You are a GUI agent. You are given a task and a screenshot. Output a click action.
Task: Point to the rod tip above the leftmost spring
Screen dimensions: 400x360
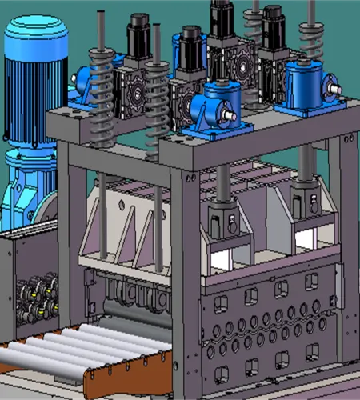click(101, 14)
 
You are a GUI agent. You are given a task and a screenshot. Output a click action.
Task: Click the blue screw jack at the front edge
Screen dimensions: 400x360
click(220, 105)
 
